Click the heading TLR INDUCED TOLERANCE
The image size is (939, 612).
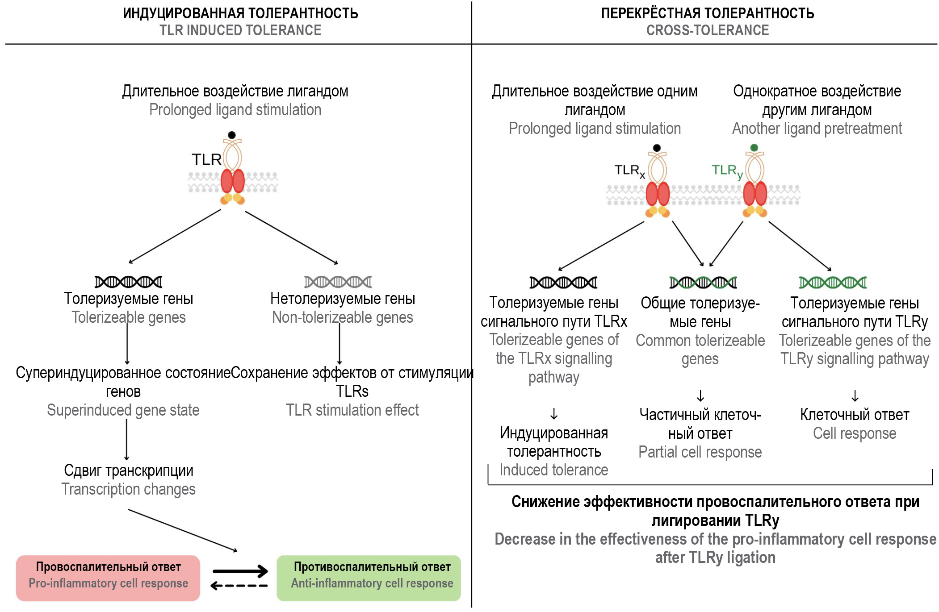tap(240, 30)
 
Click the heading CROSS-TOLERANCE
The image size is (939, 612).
tap(708, 30)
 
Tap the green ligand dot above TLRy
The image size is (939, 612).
tap(754, 148)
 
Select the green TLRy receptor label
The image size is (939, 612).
tap(727, 171)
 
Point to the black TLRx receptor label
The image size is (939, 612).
tap(629, 171)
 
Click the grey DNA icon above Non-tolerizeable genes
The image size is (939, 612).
tap(338, 282)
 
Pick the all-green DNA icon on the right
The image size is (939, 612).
tap(833, 283)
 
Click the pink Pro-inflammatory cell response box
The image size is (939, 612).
tap(108, 578)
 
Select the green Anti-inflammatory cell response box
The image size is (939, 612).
tap(369, 578)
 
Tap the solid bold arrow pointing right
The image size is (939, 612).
tap(240, 571)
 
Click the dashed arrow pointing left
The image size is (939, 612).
tap(239, 586)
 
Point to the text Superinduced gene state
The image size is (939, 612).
tap(123, 410)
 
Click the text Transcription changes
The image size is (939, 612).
tap(129, 489)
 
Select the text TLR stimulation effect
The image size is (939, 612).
tap(352, 410)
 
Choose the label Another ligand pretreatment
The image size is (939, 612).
tap(817, 129)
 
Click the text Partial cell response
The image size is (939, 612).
tap(700, 452)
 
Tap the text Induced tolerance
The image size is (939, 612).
tap(554, 470)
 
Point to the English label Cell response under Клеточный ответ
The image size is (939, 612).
tap(854, 433)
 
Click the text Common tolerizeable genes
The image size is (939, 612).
tap(700, 350)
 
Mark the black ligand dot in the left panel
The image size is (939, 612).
tap(231, 135)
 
